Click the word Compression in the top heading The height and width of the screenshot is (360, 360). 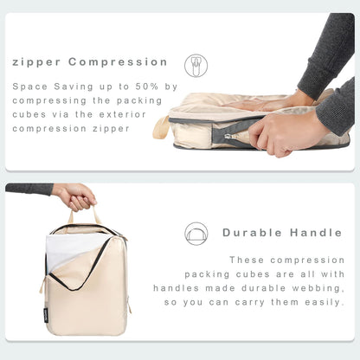(x=118, y=62)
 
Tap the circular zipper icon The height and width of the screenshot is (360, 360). (x=196, y=65)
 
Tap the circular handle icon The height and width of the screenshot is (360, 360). (x=196, y=233)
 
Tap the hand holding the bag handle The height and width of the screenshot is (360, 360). (x=75, y=196)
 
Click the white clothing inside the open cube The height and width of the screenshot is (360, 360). (x=69, y=252)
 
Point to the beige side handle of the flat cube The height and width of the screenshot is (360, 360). (x=161, y=127)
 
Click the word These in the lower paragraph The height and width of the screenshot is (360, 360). (x=246, y=260)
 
